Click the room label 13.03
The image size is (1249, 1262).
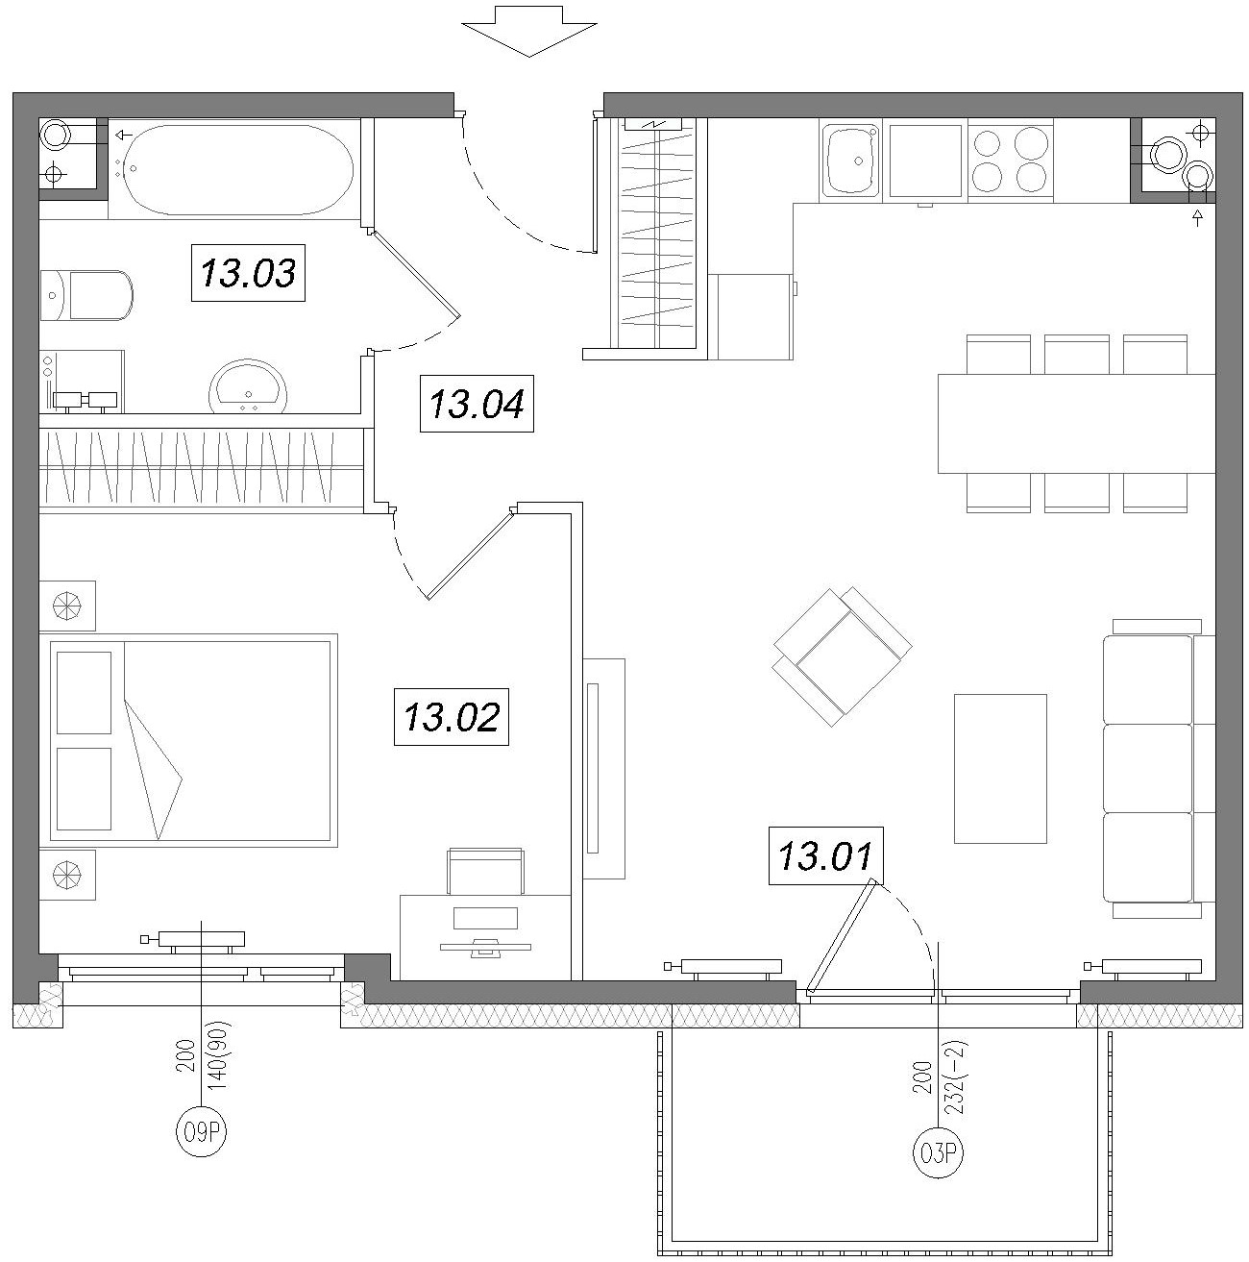coord(248,272)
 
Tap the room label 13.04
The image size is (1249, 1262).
coord(477,404)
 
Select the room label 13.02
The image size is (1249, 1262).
coord(452,716)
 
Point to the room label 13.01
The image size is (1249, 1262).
coord(826,856)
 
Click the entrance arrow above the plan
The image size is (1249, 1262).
coord(529,31)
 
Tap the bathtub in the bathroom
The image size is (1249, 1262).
coord(237,169)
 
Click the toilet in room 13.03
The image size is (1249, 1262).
coord(86,295)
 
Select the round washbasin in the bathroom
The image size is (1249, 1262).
coord(248,386)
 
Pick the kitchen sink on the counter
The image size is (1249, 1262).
coord(850,161)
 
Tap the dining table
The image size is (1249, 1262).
coord(1076,423)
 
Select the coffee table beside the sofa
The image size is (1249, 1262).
coord(1000,768)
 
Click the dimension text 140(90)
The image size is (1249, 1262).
coord(219,1055)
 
